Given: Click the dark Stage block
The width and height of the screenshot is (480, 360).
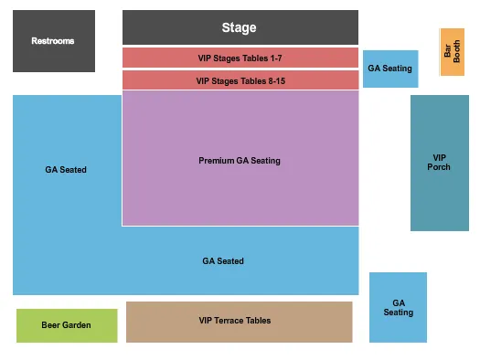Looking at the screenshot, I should tap(240, 27).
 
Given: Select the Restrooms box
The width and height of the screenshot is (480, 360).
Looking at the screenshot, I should tap(53, 41).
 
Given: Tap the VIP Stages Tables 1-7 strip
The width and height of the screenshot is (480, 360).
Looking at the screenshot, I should tap(240, 58).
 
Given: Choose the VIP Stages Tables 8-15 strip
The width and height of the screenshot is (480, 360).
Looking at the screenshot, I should tap(240, 80).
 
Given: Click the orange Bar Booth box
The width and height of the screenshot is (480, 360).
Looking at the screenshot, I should tap(452, 52).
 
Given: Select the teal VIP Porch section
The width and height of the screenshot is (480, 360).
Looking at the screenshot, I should tap(439, 162).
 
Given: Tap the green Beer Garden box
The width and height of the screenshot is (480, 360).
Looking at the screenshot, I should tap(67, 325).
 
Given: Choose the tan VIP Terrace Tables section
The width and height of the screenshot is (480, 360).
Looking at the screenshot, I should tap(239, 321).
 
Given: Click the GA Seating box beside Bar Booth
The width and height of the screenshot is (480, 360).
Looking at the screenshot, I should tap(390, 69).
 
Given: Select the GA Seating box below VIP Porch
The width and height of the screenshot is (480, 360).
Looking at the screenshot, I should tap(398, 307).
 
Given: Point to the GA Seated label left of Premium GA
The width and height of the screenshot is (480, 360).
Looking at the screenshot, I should tap(66, 170).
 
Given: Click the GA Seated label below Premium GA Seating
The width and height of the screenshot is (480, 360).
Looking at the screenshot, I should tap(223, 261).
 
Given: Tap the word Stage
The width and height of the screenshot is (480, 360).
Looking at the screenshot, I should tap(240, 27).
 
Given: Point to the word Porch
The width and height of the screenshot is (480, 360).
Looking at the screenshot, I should tap(439, 167).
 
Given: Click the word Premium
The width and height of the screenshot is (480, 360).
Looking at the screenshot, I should tap(216, 161).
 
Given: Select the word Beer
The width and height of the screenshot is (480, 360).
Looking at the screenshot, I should tap(53, 325).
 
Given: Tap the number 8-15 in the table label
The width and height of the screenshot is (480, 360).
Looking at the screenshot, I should tap(272, 80).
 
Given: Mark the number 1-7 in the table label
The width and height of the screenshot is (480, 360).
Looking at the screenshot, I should tap(272, 58).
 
